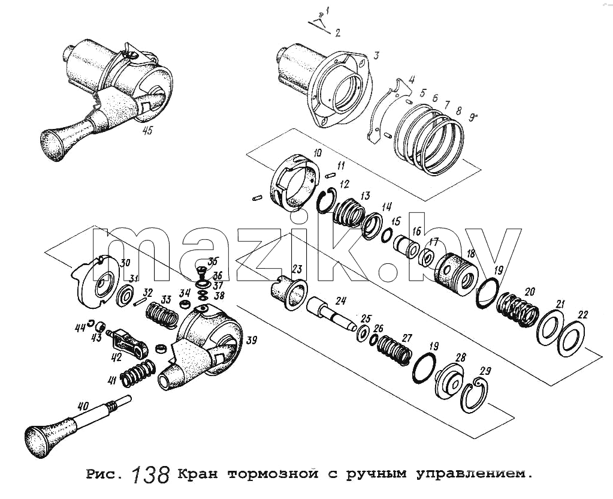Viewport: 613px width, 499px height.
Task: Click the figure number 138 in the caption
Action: pyautogui.click(x=150, y=475)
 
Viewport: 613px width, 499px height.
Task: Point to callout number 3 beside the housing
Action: pyautogui.click(x=376, y=55)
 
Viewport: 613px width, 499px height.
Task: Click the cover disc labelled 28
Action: pyautogui.click(x=450, y=378)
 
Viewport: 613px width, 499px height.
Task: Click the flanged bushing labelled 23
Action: pyautogui.click(x=289, y=292)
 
